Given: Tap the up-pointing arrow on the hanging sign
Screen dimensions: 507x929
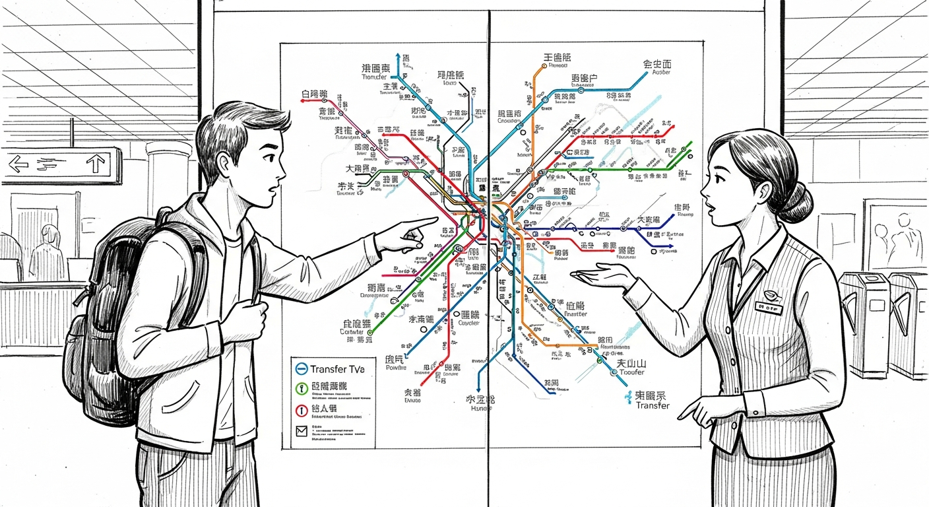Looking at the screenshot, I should tap(96, 162).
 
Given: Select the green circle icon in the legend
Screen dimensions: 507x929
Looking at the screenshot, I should tap(300, 389).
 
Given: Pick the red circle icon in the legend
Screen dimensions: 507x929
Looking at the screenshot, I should tap(300, 410).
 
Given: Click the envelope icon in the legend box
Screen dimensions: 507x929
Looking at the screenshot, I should tap(301, 432).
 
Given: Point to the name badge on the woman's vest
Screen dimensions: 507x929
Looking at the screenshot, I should tap(769, 307).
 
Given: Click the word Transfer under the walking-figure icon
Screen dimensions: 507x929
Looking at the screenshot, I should tap(653, 405).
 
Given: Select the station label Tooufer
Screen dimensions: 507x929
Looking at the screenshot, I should tap(631, 372).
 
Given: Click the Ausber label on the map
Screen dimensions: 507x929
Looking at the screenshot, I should tap(656, 73).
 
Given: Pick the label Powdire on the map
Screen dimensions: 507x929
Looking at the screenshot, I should tap(397, 368).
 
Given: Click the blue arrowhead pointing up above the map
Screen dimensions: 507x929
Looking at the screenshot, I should tap(398, 57).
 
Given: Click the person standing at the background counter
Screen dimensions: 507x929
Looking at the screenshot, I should tap(48, 248).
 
